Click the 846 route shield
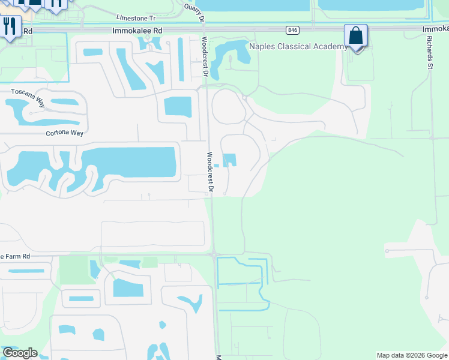[292, 29]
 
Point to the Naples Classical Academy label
[298, 46]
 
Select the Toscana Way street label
[28, 93]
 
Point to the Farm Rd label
[23, 256]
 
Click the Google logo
[20, 353]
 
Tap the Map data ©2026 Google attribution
[412, 355]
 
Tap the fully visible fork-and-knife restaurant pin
[10, 27]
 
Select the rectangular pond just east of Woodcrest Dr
[229, 160]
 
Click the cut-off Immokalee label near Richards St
[435, 29]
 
